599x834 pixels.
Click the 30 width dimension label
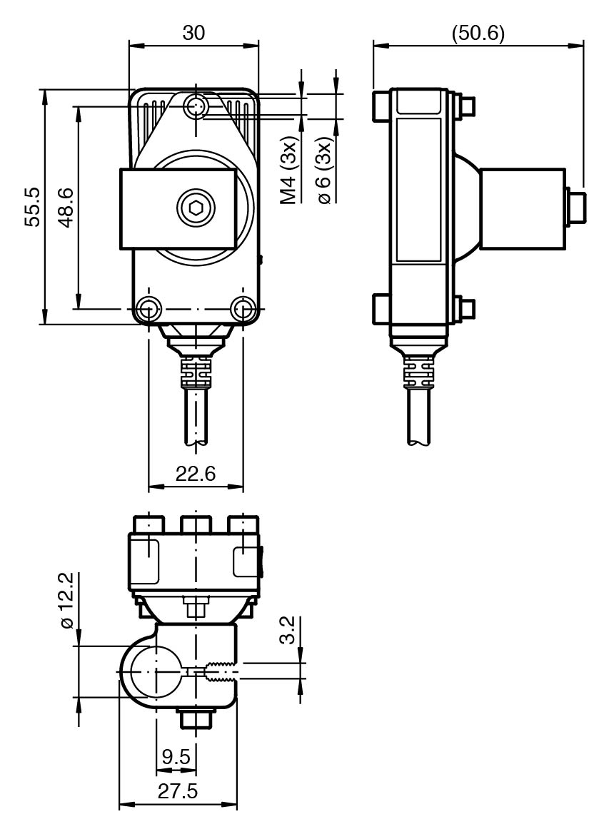[x=193, y=33]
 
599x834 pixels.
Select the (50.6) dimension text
[x=477, y=33]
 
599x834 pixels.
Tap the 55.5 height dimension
[x=32, y=206]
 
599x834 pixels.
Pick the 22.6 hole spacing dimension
[x=196, y=473]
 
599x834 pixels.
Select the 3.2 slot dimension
[x=287, y=630]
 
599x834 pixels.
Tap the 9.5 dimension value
[x=176, y=757]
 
